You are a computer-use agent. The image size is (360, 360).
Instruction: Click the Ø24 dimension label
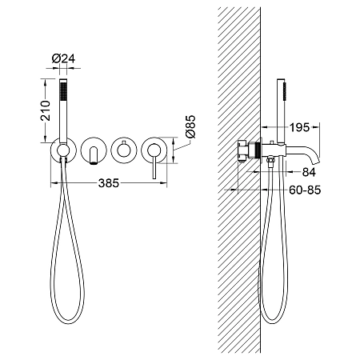[x=63, y=58]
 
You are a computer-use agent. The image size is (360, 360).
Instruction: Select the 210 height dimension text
[x=46, y=110]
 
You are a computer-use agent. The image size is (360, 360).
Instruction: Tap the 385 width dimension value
[x=109, y=183]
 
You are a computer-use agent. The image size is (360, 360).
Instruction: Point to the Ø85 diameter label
[x=190, y=126]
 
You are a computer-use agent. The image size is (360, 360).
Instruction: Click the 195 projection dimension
[x=300, y=127]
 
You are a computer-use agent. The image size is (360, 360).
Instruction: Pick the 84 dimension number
[x=309, y=172]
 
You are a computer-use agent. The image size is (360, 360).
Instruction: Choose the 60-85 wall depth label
[x=305, y=190]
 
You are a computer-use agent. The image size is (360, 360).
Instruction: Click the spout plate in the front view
[x=94, y=150]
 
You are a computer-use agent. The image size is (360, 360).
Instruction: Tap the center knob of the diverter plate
[x=124, y=150]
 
